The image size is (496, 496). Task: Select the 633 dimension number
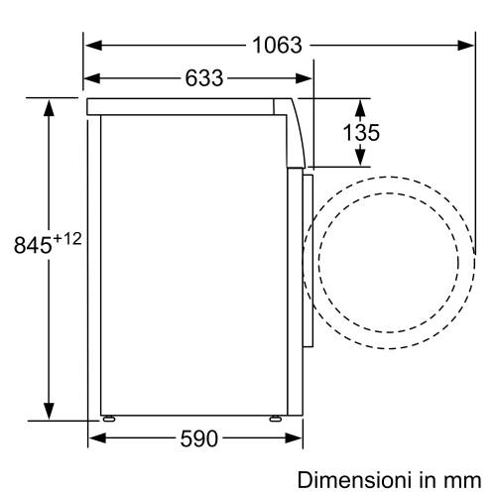(202, 77)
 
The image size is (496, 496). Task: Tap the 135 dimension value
(361, 132)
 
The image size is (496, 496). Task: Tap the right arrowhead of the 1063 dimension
(468, 45)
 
